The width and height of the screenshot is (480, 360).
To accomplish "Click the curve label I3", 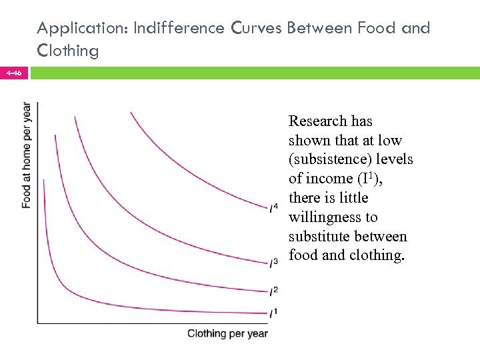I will [274, 263].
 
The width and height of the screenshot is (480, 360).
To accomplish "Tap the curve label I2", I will [274, 291].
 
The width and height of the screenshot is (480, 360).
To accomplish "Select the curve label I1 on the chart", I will [274, 312].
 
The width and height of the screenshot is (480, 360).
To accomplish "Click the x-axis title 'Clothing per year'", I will [227, 333].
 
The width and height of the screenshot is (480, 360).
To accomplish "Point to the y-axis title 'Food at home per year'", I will [26, 155].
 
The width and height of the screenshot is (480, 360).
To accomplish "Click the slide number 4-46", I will [14, 73].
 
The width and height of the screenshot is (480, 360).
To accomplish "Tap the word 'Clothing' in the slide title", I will [68, 50].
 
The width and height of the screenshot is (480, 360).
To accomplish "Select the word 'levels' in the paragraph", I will [393, 160].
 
